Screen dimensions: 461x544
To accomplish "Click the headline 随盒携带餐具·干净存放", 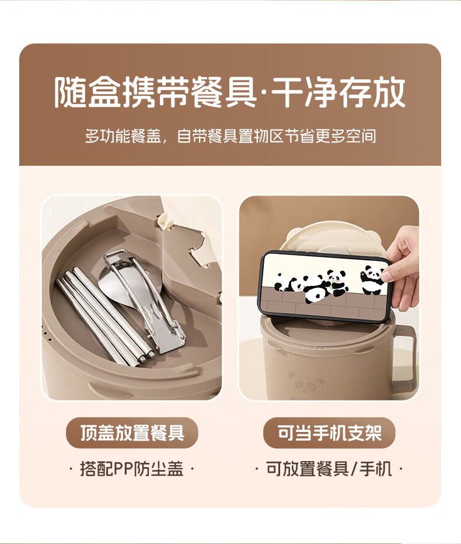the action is [230, 93].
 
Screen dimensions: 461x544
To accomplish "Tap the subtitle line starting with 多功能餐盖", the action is [230, 136].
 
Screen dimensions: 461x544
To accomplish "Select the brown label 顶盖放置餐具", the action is [132, 433].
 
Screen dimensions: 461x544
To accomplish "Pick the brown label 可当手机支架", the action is [329, 433].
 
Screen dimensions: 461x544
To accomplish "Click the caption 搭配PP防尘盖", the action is [132, 469].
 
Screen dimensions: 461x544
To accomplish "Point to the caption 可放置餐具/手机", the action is [329, 469].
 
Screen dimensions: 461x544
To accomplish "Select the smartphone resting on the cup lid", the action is [325, 286].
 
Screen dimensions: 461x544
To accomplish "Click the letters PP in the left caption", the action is [119, 469].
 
